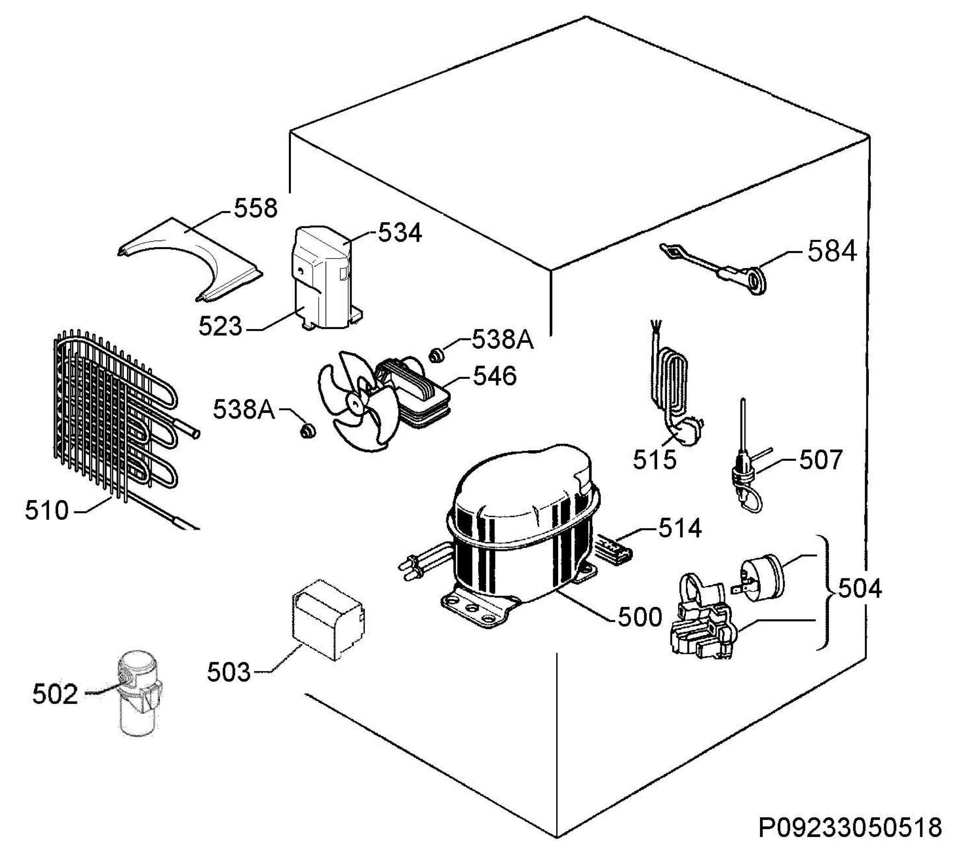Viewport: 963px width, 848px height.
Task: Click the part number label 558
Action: (256, 208)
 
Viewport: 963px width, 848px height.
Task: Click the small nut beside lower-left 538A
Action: (308, 430)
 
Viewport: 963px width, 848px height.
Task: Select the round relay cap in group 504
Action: (761, 578)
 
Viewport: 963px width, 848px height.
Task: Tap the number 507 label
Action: (820, 460)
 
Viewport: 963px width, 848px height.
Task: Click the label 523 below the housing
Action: (219, 326)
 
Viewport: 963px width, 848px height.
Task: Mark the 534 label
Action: (400, 233)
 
